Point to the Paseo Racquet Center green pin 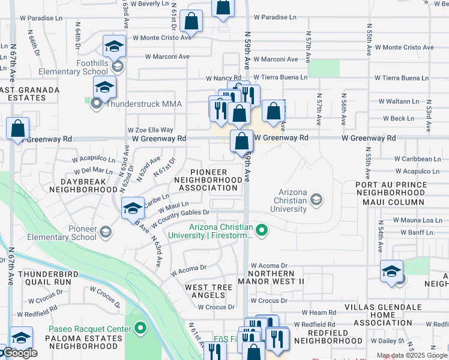click(140, 328)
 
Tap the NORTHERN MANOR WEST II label click(271, 277)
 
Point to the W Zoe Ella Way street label click(151, 130)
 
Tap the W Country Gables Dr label click(180, 218)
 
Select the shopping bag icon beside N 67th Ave click(17, 128)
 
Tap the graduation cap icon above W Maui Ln click(133, 208)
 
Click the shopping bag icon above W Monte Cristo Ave click(191, 20)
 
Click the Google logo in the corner click(19, 353)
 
